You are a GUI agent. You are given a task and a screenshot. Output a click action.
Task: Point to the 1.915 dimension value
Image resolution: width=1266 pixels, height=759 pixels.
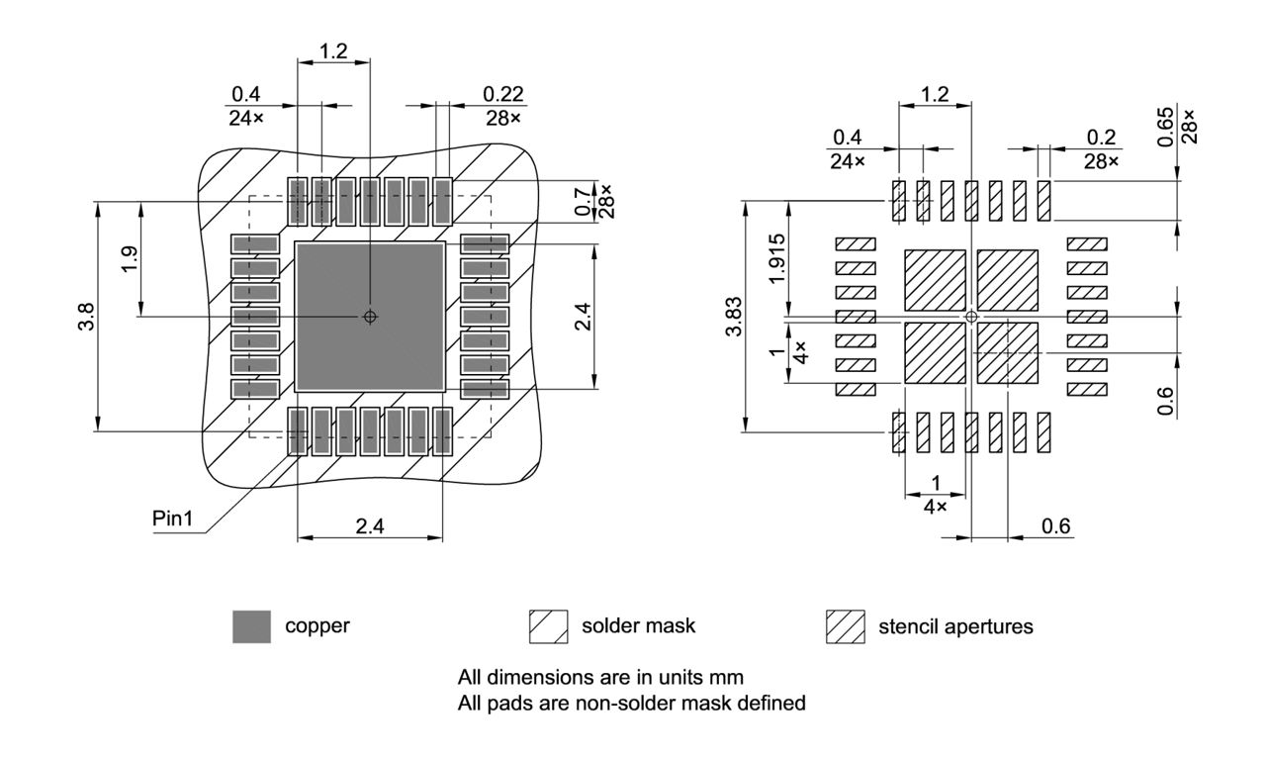(777, 257)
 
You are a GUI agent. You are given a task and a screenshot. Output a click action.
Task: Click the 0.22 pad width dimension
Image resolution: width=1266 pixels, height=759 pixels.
(503, 94)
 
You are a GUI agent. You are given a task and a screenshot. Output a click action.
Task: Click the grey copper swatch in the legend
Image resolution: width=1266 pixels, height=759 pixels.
(251, 626)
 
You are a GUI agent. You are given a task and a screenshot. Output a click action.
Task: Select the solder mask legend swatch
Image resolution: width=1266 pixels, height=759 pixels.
(548, 626)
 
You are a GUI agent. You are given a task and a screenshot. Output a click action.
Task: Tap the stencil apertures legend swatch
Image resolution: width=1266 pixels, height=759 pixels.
(845, 626)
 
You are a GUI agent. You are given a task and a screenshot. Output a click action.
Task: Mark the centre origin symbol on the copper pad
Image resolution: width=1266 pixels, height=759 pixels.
(370, 317)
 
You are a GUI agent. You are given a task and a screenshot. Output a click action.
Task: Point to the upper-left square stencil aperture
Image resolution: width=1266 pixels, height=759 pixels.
(935, 280)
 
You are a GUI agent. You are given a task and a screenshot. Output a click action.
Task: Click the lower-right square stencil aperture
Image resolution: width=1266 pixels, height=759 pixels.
(1008, 352)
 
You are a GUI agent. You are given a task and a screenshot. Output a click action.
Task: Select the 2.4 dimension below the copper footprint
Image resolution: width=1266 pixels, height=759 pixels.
(370, 526)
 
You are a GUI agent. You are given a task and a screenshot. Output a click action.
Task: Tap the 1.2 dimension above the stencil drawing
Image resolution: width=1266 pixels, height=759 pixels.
(934, 95)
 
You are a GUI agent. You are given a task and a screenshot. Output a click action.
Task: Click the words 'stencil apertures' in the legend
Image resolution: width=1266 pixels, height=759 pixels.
(955, 626)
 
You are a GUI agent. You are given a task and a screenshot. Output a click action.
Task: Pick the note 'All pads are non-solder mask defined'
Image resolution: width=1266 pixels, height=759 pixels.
(632, 704)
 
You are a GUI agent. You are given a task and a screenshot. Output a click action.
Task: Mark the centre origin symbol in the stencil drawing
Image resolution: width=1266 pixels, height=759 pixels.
(971, 317)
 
